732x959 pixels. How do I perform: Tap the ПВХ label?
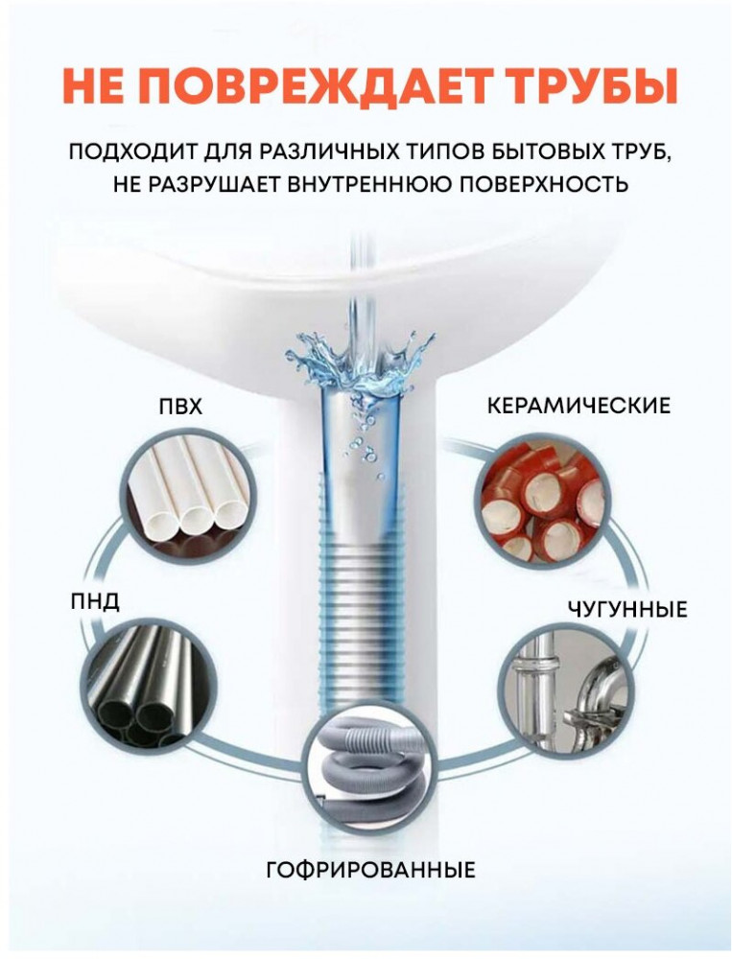[180, 407]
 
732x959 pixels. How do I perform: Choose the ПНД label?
[94, 602]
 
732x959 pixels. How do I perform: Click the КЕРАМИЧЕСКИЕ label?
[579, 406]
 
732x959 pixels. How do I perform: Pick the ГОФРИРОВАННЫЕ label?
[370, 869]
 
